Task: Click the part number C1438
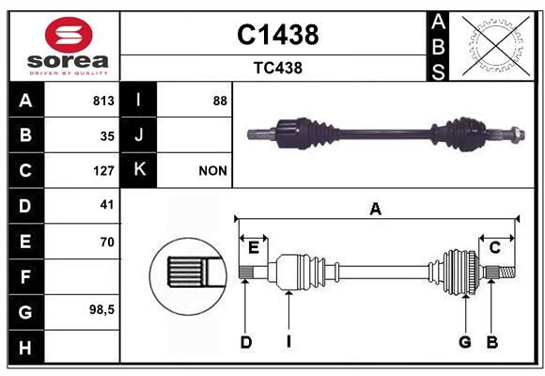pyautogui.click(x=278, y=35)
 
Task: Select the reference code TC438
pyautogui.click(x=278, y=68)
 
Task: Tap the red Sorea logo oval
pyautogui.click(x=69, y=35)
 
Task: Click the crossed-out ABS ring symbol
pyautogui.click(x=496, y=45)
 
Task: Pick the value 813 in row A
pyautogui.click(x=103, y=101)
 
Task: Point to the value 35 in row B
pyautogui.click(x=107, y=136)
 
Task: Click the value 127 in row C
pyautogui.click(x=103, y=171)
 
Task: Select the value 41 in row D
pyautogui.click(x=107, y=205)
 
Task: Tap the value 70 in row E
pyautogui.click(x=107, y=242)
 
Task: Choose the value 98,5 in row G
pyautogui.click(x=101, y=309)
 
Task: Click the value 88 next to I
pyautogui.click(x=220, y=101)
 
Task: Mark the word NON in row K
pyautogui.click(x=212, y=171)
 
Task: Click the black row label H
pyautogui.click(x=25, y=347)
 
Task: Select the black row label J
pyautogui.click(x=138, y=134)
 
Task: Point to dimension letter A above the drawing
pyautogui.click(x=375, y=210)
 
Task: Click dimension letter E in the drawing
pyautogui.click(x=254, y=248)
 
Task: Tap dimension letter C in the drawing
pyautogui.click(x=494, y=248)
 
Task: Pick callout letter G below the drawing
pyautogui.click(x=465, y=342)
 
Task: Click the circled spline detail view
pyautogui.click(x=188, y=276)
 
